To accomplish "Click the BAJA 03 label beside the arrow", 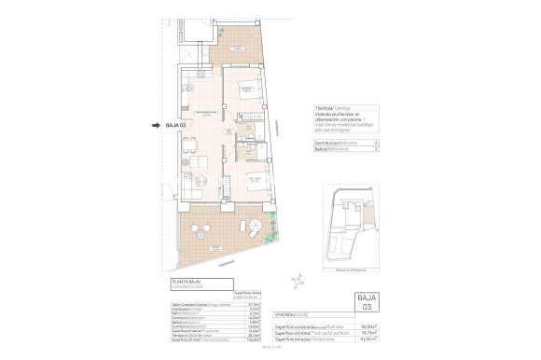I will pyautogui.click(x=176, y=124).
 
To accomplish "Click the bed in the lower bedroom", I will pyautogui.click(x=255, y=183).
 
